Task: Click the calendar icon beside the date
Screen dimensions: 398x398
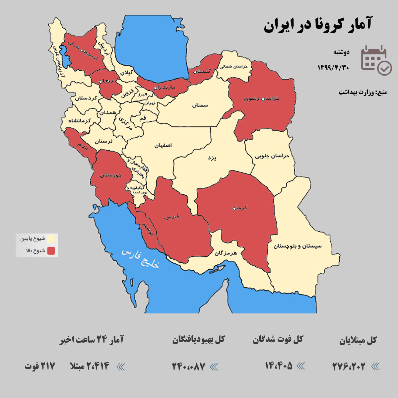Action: tap(376, 60)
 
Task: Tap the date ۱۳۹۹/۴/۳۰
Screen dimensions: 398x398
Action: tap(333, 67)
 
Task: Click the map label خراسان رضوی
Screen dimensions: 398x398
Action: tap(262, 99)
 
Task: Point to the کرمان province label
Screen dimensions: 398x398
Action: tap(240, 208)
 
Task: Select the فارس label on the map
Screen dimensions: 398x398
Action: tap(171, 217)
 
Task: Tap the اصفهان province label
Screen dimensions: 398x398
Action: tap(163, 145)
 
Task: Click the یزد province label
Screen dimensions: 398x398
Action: tap(212, 158)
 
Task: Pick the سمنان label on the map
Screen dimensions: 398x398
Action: tap(200, 105)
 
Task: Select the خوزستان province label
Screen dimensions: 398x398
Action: tap(110, 175)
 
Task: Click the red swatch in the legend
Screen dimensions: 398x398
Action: tap(51, 251)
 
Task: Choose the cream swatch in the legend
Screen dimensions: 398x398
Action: tap(51, 239)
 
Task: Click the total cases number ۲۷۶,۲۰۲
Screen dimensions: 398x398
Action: tap(349, 366)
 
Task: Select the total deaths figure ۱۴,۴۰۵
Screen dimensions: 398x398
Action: tap(279, 366)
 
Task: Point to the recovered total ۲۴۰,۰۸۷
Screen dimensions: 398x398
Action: tap(188, 366)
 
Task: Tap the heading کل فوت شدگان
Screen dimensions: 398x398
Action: tap(278, 340)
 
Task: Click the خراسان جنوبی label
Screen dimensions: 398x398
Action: tap(272, 156)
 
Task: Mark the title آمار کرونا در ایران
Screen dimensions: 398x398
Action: tap(318, 25)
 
